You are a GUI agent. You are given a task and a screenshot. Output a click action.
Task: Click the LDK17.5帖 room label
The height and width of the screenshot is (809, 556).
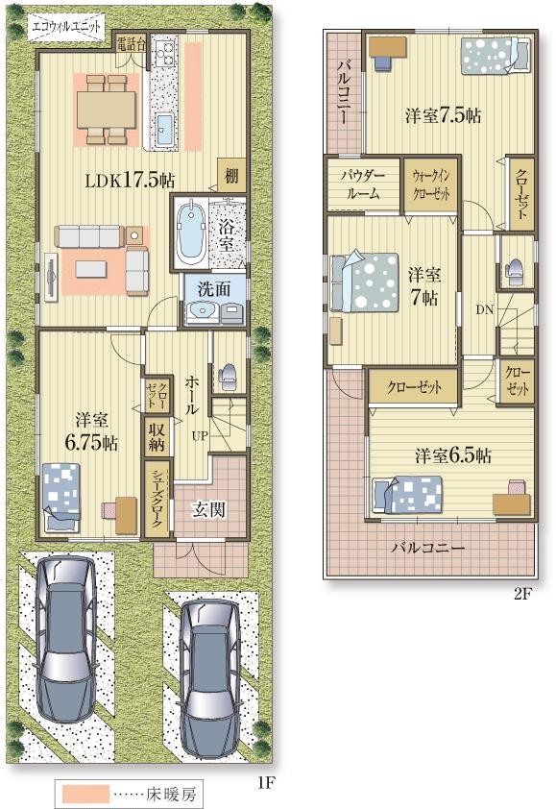point(130,181)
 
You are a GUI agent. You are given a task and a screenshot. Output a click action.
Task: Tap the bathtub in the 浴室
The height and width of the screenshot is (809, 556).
point(190,232)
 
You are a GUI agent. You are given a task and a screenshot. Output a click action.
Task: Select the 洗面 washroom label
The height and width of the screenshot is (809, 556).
point(214,288)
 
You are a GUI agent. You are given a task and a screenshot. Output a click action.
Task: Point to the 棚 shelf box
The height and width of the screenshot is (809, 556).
point(231,176)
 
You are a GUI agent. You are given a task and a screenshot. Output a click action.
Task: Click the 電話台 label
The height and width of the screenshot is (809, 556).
point(130,44)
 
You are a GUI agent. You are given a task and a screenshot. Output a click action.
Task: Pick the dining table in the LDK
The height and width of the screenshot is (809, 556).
point(107,110)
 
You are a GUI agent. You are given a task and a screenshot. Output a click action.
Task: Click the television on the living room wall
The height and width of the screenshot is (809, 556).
point(51,277)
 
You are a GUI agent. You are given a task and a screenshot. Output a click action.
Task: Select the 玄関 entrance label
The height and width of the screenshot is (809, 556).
point(209,510)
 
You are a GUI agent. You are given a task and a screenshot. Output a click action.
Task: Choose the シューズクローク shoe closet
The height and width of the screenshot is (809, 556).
point(157,500)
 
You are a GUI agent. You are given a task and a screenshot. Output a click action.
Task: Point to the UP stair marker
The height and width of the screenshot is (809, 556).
point(200,436)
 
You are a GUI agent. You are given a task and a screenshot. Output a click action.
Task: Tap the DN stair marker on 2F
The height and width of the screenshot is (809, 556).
point(485,309)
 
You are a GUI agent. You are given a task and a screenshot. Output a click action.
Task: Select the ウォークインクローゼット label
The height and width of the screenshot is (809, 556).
point(430,184)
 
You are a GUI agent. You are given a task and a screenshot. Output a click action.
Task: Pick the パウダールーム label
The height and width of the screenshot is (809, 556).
point(363,184)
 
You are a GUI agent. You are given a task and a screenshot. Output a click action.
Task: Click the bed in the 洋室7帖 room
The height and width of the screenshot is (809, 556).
point(365,282)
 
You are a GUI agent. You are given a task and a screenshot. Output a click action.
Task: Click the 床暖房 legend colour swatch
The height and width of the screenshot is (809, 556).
point(85,794)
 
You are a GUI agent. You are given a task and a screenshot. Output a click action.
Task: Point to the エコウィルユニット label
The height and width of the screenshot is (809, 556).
point(65,26)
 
